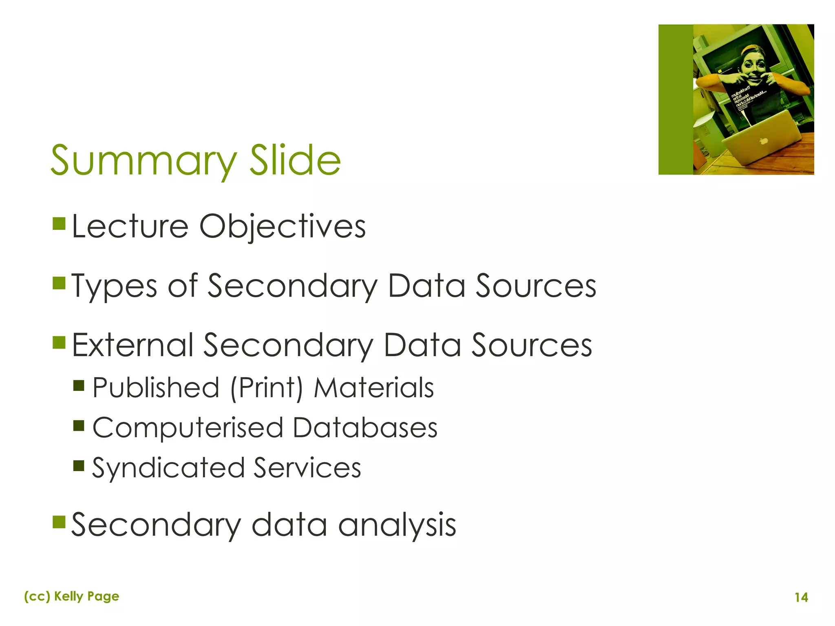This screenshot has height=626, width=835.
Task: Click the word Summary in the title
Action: point(143,161)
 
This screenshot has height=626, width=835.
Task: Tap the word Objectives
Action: point(282,227)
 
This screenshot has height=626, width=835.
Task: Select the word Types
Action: point(115,286)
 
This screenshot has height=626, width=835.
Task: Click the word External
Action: point(133,345)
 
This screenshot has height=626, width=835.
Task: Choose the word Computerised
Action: point(188,428)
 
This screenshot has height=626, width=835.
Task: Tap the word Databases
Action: point(365,428)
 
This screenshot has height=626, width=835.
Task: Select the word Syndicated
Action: point(168,468)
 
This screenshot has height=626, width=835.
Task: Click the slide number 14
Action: point(801,597)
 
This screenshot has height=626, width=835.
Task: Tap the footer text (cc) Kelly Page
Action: point(72,596)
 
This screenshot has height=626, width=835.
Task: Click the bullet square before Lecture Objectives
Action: point(59,223)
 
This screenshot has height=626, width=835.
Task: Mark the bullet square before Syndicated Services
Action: point(79,465)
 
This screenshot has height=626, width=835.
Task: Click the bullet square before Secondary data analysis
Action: point(59,522)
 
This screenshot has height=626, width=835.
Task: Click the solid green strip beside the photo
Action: point(676,99)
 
